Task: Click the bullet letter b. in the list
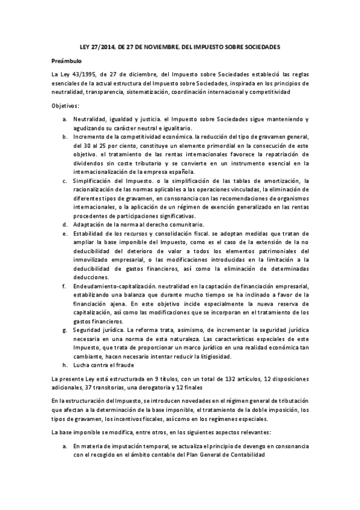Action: [x=64, y=138]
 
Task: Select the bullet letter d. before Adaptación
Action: [x=64, y=224]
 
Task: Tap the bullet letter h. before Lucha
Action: [x=64, y=365]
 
